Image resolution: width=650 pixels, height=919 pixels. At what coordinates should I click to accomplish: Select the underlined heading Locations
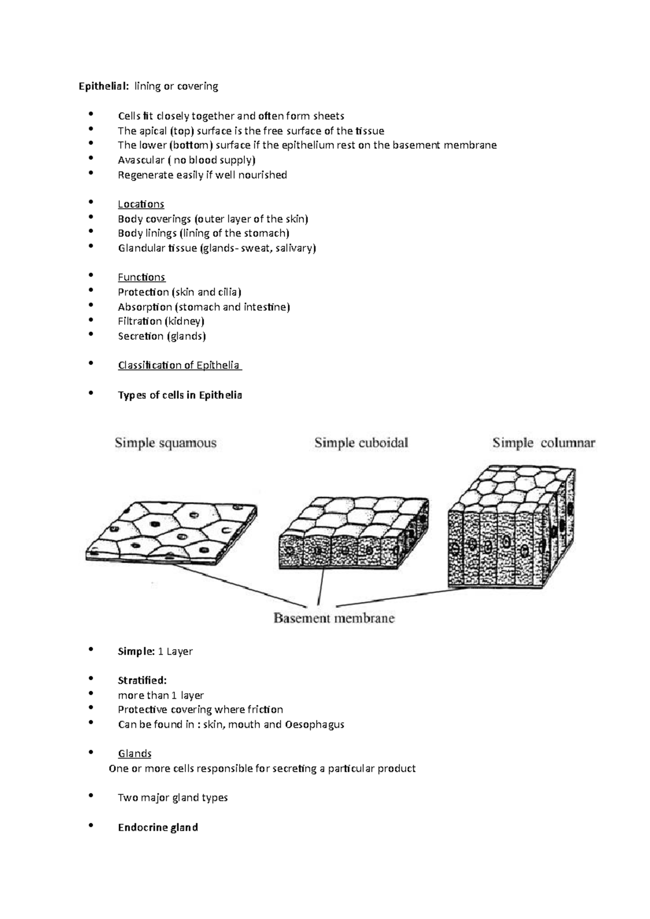click(x=141, y=204)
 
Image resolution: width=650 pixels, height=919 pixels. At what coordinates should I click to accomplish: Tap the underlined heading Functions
click(x=141, y=277)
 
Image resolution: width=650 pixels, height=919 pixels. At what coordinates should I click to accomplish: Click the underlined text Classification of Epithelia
click(x=179, y=365)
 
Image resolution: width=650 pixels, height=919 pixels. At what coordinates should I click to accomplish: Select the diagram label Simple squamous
click(x=165, y=443)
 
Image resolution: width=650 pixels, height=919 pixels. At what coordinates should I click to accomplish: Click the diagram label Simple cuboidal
click(x=361, y=443)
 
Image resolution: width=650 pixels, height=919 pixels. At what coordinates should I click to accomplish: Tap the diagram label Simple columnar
click(x=544, y=443)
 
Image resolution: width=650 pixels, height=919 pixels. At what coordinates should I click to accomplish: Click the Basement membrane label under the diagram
click(x=334, y=618)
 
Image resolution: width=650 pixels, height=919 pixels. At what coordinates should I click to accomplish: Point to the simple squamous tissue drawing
click(x=172, y=533)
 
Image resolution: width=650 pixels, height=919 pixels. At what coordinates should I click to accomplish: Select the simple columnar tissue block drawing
click(x=512, y=528)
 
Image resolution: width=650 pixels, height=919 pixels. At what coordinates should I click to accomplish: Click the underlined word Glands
click(x=134, y=754)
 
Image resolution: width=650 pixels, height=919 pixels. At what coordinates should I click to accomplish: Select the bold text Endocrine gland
click(x=158, y=828)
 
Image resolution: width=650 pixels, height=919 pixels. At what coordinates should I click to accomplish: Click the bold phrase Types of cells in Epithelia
click(x=180, y=395)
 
